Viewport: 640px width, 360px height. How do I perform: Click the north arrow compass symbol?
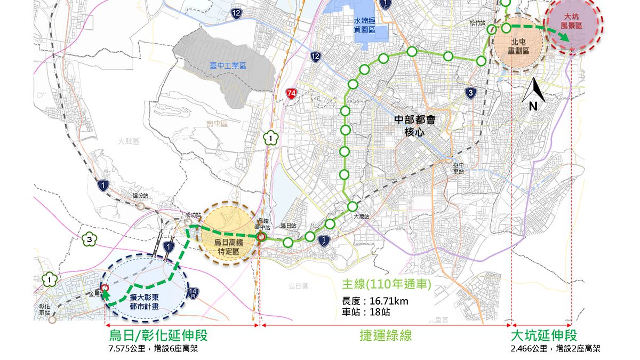click(533, 94)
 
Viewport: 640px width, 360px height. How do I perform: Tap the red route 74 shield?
click(291, 93)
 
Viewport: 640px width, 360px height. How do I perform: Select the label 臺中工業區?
click(228, 66)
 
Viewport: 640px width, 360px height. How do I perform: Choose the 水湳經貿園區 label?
click(365, 25)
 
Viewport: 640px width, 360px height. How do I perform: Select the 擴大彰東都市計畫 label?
click(145, 302)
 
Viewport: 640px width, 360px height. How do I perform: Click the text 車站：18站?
click(367, 313)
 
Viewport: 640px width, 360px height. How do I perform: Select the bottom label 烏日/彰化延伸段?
click(158, 335)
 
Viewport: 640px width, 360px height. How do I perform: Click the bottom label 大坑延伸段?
click(544, 335)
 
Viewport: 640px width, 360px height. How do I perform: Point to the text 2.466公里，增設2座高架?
click(555, 349)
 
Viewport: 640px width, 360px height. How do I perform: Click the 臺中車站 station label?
click(459, 169)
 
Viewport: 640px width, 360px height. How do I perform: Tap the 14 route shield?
click(194, 291)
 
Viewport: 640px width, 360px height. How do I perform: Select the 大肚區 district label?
click(129, 141)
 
